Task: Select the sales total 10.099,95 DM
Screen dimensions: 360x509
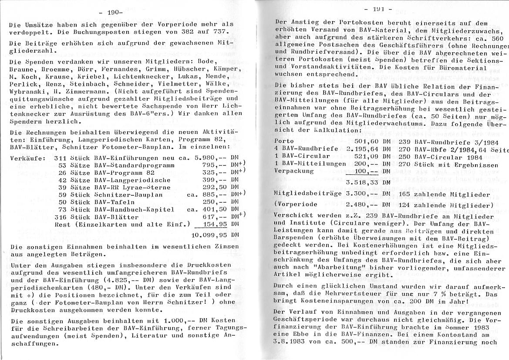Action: point(216,234)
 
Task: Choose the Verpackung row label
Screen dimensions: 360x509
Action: point(295,171)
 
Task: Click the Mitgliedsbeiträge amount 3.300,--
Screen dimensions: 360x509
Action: point(361,194)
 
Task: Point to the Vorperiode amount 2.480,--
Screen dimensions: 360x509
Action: point(361,205)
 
